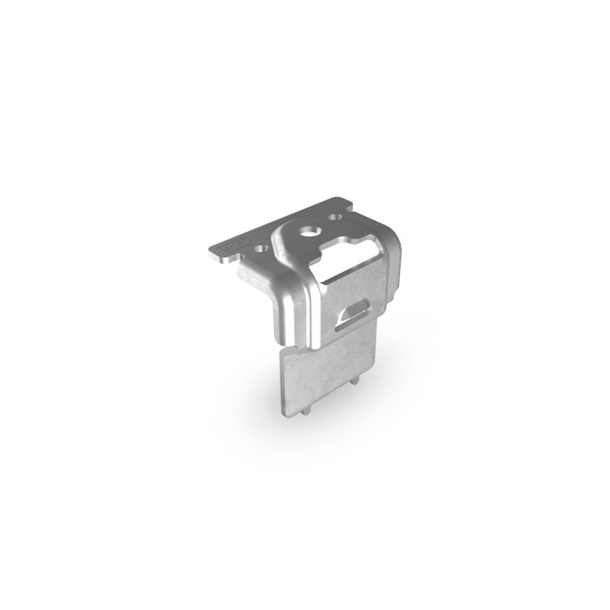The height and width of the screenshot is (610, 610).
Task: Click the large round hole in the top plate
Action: pyautogui.click(x=308, y=232)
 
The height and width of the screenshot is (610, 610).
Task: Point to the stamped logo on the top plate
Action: pyautogui.click(x=236, y=245)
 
